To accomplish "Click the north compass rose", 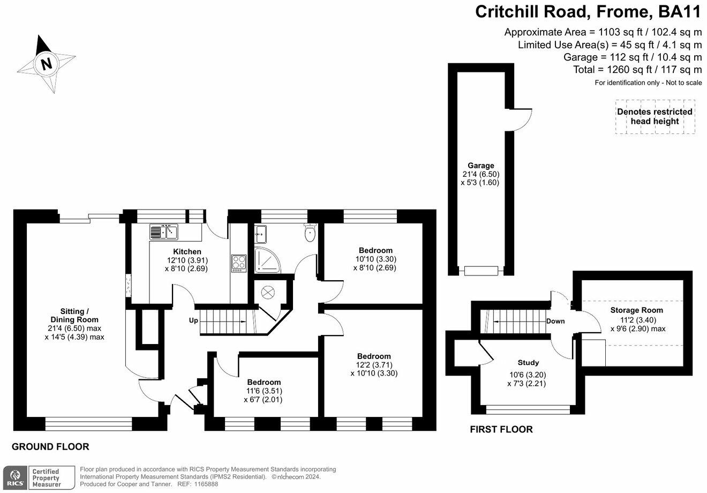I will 46,64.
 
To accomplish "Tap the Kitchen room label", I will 187,251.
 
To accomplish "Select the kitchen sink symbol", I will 163,232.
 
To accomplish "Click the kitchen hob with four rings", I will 238,263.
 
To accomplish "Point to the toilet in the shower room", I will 310,233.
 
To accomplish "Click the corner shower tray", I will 266,260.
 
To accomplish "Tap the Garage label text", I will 480,166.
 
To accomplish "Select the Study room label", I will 528,363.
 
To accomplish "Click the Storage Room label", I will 636,310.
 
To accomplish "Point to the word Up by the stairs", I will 193,320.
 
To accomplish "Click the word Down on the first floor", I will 555,322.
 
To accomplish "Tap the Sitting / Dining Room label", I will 74,316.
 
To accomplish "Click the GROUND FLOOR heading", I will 50,446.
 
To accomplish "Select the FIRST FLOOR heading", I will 501,429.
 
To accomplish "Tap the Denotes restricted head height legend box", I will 655,117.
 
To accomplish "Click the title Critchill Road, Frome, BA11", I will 588,11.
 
